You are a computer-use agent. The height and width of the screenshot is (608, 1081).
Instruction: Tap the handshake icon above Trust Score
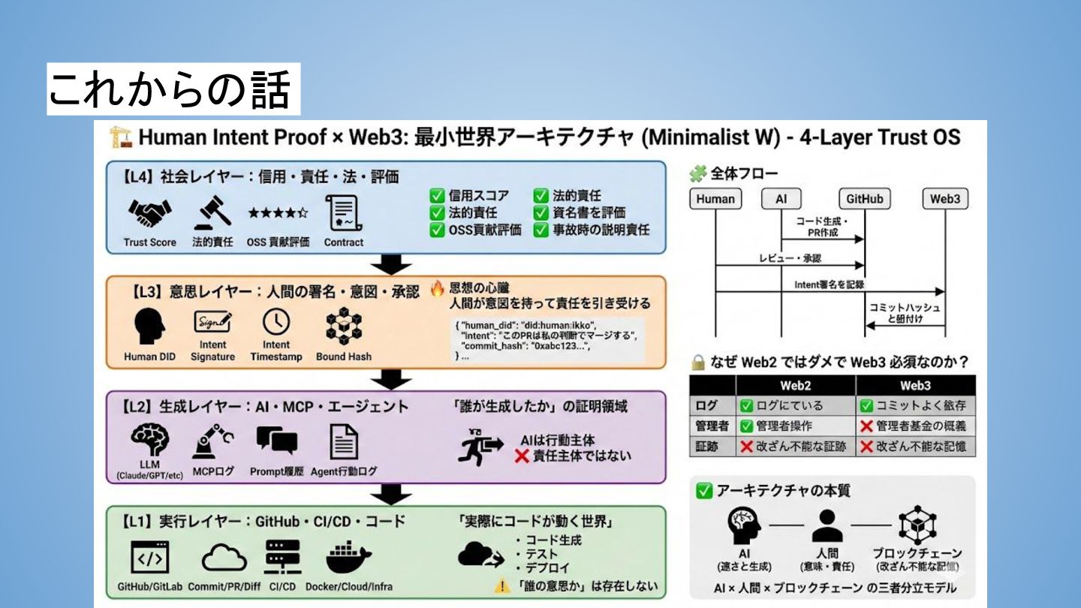pos(149,213)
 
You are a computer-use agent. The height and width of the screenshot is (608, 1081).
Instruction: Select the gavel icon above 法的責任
pos(212,213)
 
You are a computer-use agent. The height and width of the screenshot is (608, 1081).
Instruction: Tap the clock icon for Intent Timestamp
pos(276,322)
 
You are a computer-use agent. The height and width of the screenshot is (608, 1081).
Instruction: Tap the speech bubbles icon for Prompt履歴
pos(276,441)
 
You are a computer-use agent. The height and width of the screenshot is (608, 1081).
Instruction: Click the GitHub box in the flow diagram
pos(865,199)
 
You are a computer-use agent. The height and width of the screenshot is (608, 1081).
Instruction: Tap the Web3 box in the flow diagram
pos(945,199)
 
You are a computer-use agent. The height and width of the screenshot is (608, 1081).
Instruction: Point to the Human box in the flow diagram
pos(715,199)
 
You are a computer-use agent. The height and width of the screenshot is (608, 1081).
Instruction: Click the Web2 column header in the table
pos(795,386)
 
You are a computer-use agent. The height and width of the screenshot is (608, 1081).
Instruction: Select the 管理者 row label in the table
pos(712,426)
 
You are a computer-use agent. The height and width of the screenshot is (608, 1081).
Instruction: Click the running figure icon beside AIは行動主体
pos(480,448)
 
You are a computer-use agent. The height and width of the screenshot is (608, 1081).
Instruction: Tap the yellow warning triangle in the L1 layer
pos(501,586)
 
